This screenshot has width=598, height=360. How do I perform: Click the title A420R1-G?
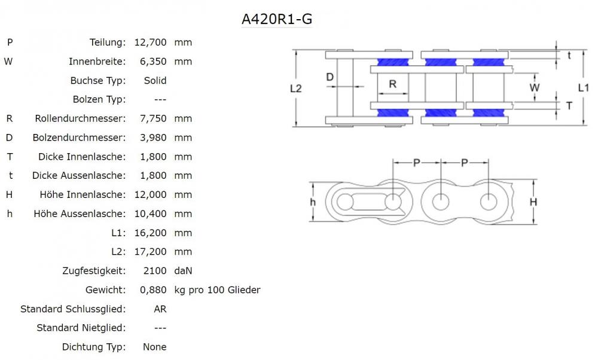click(276, 19)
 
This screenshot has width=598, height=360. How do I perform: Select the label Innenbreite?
click(97, 62)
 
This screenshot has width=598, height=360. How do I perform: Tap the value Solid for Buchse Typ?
click(155, 81)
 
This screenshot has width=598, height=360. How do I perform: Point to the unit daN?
click(183, 271)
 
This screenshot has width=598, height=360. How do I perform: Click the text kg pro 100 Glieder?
click(217, 290)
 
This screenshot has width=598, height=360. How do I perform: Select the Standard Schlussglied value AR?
click(160, 309)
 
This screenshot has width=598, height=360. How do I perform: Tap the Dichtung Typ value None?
click(154, 347)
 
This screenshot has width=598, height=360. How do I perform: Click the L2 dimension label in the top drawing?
click(295, 89)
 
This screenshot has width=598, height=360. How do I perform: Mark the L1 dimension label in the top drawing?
click(584, 88)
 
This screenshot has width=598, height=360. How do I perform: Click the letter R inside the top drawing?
click(392, 84)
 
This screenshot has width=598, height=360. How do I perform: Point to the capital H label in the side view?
click(533, 202)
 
